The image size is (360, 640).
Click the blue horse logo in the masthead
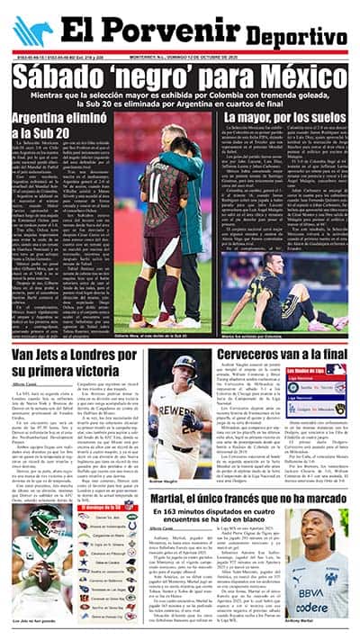(32, 32)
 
